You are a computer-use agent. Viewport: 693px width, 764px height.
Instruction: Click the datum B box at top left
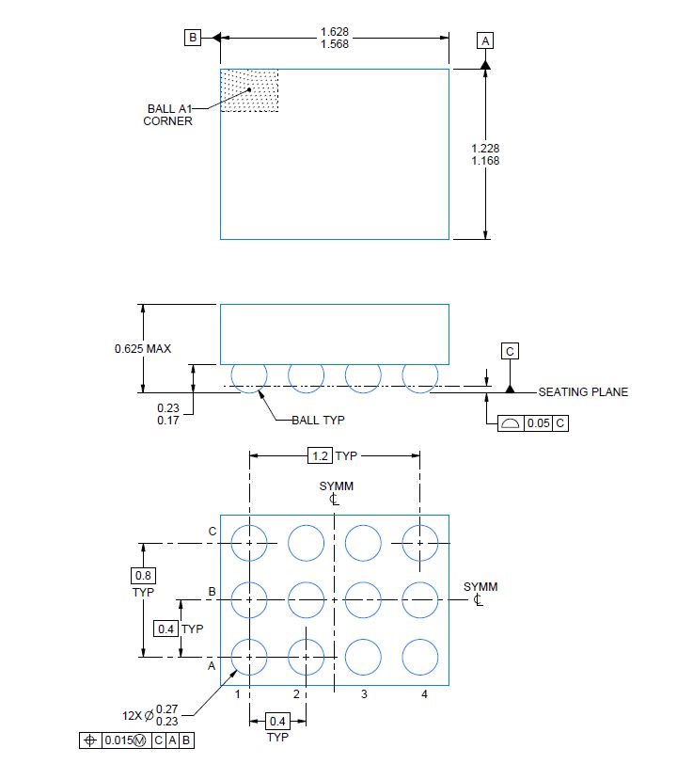tap(193, 38)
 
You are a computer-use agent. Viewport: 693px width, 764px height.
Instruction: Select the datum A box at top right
tap(485, 41)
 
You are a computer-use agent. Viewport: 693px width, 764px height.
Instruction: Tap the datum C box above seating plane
tap(510, 351)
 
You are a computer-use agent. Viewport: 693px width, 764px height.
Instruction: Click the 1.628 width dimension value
tap(335, 32)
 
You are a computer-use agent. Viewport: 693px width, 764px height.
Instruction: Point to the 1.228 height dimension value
tap(485, 148)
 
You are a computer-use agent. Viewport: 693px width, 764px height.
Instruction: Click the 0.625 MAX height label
tap(143, 349)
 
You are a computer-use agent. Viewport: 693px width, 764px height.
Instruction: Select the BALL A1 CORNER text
tap(168, 115)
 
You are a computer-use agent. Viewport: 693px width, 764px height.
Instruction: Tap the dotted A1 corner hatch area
tap(249, 90)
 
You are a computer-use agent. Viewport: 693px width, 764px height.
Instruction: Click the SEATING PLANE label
tap(583, 392)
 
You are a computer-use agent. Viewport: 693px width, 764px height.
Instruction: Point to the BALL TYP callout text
tap(318, 420)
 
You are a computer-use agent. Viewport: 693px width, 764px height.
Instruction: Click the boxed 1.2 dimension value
tap(320, 456)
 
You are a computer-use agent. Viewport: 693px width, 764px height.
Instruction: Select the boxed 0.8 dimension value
tap(143, 576)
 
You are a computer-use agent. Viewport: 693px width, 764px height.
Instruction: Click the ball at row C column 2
tap(306, 543)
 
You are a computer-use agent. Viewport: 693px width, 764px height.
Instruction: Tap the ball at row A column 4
tap(419, 657)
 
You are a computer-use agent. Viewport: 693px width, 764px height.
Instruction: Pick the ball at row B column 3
tap(363, 599)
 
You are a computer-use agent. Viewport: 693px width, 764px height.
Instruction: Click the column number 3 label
tap(364, 694)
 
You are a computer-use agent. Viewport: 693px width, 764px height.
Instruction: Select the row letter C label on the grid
tap(213, 532)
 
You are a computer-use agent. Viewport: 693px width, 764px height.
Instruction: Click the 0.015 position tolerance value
tap(118, 740)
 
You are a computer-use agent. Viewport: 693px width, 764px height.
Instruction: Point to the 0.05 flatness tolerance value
tap(538, 423)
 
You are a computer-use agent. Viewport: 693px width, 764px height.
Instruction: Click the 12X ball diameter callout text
tap(150, 715)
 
